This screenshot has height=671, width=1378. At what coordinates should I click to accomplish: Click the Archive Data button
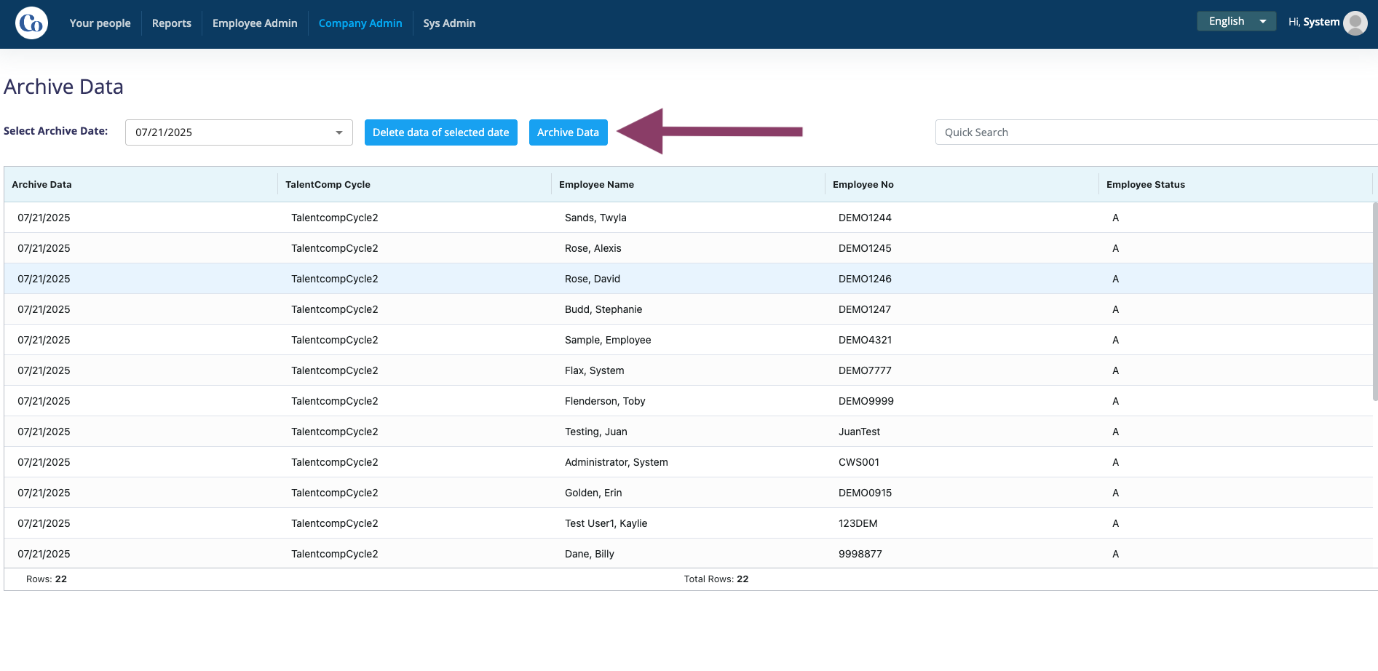tap(568, 132)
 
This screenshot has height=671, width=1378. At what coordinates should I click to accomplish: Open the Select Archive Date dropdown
tap(239, 132)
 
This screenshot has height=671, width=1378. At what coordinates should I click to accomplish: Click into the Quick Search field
tap(1156, 132)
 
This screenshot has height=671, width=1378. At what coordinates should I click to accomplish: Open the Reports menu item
tap(172, 23)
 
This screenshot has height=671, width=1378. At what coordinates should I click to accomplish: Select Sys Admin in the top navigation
tap(449, 23)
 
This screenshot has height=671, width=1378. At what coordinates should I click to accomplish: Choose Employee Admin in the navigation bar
tap(255, 23)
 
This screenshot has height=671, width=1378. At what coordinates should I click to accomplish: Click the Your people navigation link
tap(100, 23)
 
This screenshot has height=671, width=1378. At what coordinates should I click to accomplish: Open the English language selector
tap(1236, 21)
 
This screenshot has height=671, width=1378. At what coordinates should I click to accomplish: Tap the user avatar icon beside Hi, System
tap(1355, 23)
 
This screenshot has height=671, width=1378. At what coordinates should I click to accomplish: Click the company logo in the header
tap(31, 23)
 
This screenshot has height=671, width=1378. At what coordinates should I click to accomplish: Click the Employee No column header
tap(863, 185)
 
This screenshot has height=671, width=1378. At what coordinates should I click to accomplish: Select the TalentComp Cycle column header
tap(328, 185)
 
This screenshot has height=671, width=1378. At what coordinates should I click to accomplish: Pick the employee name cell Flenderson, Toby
tap(605, 401)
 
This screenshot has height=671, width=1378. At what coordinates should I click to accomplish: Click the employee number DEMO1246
tap(865, 279)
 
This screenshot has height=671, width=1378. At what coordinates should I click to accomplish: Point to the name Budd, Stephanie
tap(603, 309)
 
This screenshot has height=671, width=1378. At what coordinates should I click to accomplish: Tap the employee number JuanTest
tap(859, 432)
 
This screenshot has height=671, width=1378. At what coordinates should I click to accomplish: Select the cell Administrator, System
tap(617, 462)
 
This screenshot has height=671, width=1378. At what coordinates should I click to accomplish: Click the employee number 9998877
tap(860, 554)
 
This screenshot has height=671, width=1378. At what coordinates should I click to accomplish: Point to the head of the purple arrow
tap(617, 132)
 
